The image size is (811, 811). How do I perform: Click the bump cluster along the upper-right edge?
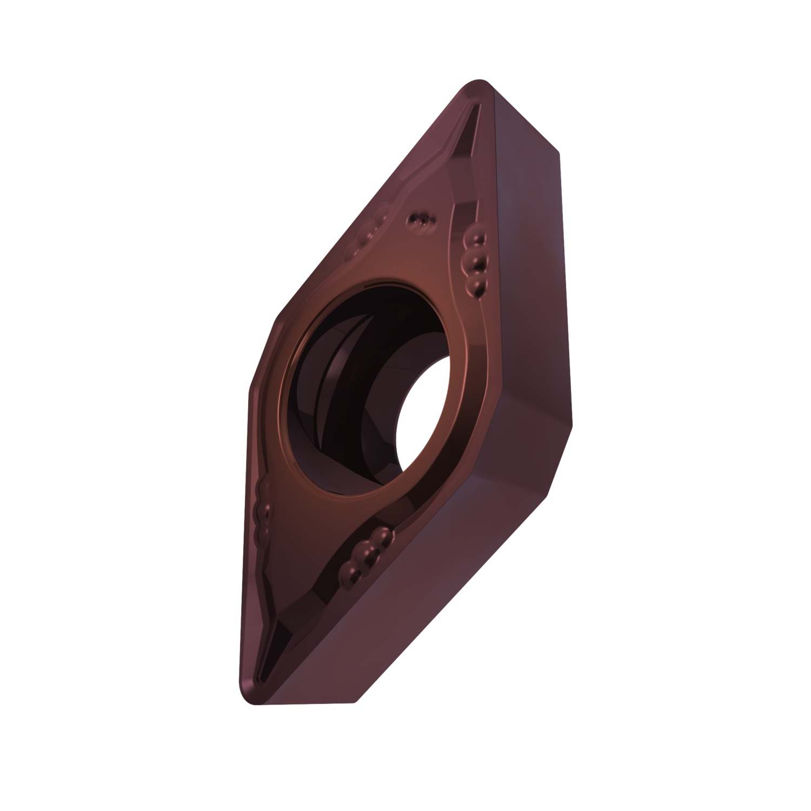(475, 260)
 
